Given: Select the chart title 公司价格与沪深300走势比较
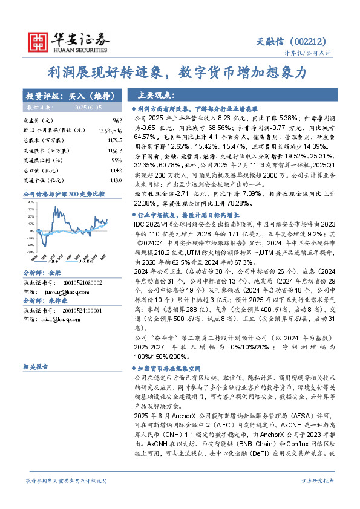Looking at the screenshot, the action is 64,194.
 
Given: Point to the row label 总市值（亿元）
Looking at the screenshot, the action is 39,170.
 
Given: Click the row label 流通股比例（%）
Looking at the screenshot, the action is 42,160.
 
